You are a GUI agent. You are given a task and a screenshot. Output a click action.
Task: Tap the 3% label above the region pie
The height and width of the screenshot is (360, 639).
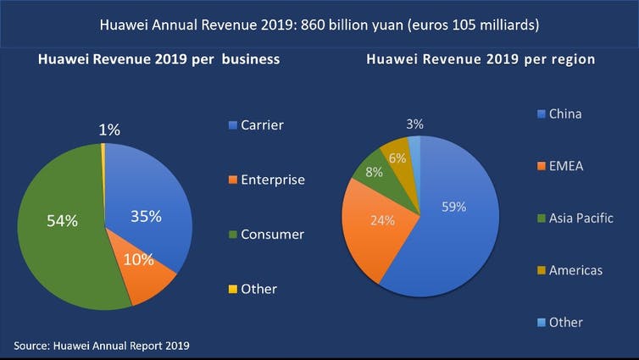point(414,124)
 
